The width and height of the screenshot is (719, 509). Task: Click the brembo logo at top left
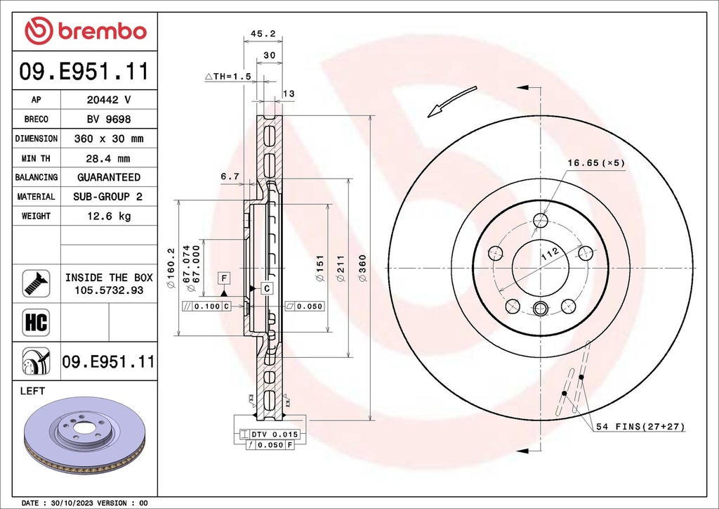click(86, 31)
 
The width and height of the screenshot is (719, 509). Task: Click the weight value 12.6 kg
click(109, 217)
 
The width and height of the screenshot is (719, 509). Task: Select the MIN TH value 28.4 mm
click(109, 158)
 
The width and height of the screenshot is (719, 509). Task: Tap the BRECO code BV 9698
click(109, 120)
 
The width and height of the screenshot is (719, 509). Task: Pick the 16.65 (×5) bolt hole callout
click(595, 163)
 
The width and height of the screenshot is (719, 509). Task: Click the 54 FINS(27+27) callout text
click(640, 427)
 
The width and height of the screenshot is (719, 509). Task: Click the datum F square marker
click(223, 277)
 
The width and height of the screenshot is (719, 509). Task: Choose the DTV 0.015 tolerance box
click(270, 434)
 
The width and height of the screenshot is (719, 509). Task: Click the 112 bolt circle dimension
click(549, 253)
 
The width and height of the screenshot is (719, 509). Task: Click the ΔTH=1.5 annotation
click(228, 76)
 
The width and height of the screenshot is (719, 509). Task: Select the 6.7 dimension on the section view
click(230, 177)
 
